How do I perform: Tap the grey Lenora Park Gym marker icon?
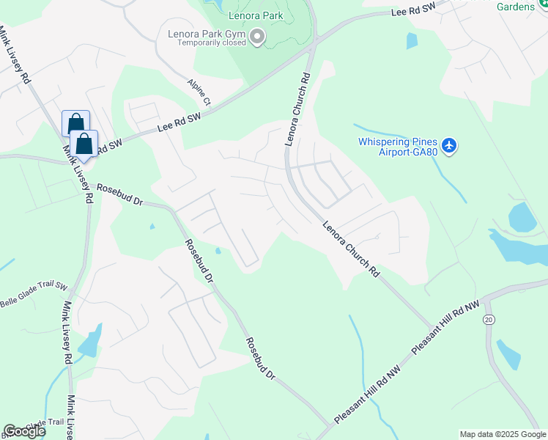pos(257,37)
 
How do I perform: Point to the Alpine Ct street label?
pos(199,92)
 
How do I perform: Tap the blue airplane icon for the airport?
pos(450,146)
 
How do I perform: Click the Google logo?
pos(24,431)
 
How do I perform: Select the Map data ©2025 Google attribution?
pos(503,434)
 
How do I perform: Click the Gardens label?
pos(523,7)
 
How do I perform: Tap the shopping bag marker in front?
pos(84,144)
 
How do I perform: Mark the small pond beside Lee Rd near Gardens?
pos(411,40)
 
